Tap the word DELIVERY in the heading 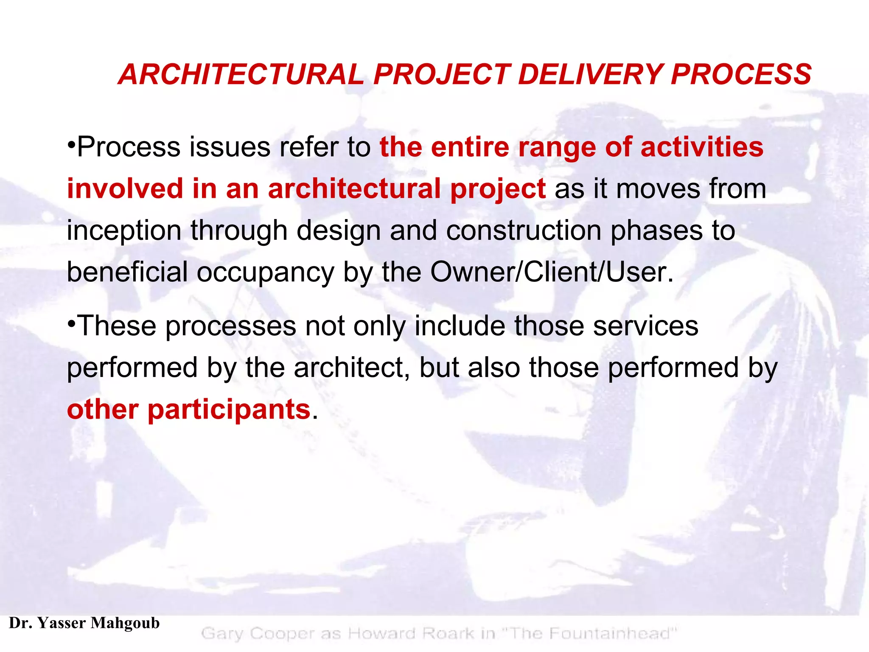pyautogui.click(x=590, y=74)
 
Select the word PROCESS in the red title pyautogui.click(x=741, y=74)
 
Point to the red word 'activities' pyautogui.click(x=702, y=147)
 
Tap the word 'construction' pyautogui.click(x=524, y=230)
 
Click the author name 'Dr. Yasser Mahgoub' pyautogui.click(x=84, y=623)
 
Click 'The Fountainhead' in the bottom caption pyautogui.click(x=589, y=633)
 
